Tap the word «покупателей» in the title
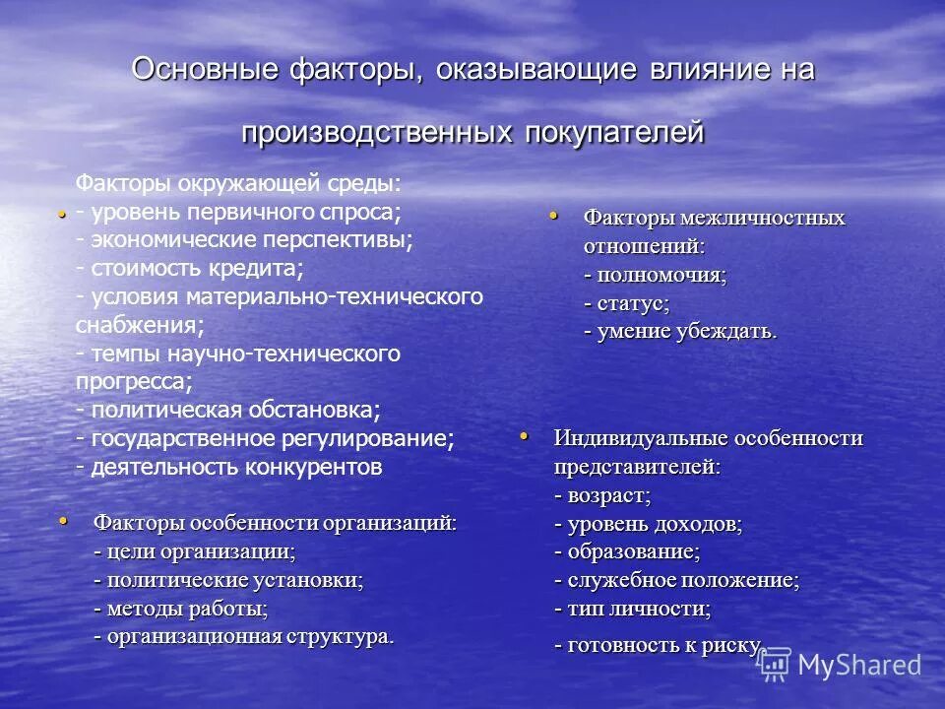pos(609,132)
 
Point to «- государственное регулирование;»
pos(266,437)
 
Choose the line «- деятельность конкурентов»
pos(228,466)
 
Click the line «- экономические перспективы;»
pos(245,239)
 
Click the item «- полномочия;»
pos(655,275)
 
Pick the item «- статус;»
pos(626,303)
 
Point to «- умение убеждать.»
pos(679,332)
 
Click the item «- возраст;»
pos(602,495)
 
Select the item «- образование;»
pos(627,552)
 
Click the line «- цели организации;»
pos(194,551)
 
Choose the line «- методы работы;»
pos(180,609)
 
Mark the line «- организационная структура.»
pos(243,637)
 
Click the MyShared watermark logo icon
pos(776,665)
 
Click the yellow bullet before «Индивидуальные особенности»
pos(524,434)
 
